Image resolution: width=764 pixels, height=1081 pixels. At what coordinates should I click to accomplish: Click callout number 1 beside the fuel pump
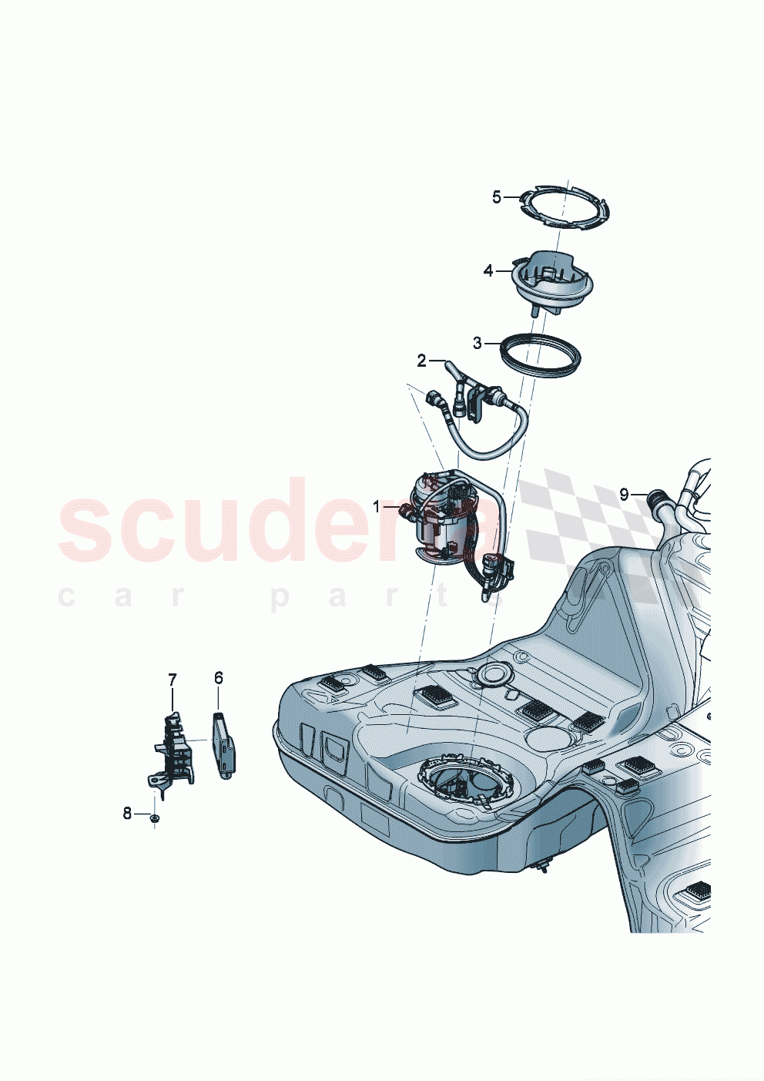(x=377, y=506)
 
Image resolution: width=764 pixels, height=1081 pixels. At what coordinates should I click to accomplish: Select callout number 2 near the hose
(x=421, y=360)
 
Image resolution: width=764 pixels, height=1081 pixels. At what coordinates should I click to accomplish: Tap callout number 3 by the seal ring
(x=477, y=342)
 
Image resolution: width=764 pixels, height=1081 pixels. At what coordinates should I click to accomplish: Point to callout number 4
(x=488, y=270)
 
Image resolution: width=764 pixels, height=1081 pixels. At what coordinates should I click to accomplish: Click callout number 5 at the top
(x=497, y=197)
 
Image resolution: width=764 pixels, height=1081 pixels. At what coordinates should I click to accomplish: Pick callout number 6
(x=219, y=677)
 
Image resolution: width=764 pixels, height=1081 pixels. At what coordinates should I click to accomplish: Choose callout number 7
(x=173, y=679)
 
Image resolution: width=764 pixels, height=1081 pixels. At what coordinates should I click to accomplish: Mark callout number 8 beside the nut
(x=127, y=813)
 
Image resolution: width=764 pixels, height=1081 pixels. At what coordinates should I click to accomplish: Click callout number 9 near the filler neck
(x=625, y=494)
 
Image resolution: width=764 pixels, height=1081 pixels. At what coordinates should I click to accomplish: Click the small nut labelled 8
(x=154, y=817)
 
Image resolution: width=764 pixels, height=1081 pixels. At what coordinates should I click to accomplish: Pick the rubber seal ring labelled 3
(x=540, y=355)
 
